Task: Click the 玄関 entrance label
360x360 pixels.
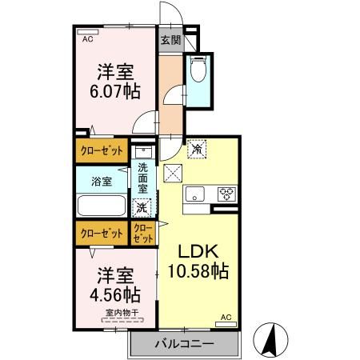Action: (170, 38)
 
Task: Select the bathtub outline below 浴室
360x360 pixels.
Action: (100, 206)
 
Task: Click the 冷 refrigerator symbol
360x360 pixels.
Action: (197, 148)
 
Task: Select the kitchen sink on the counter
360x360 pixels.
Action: (195, 193)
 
